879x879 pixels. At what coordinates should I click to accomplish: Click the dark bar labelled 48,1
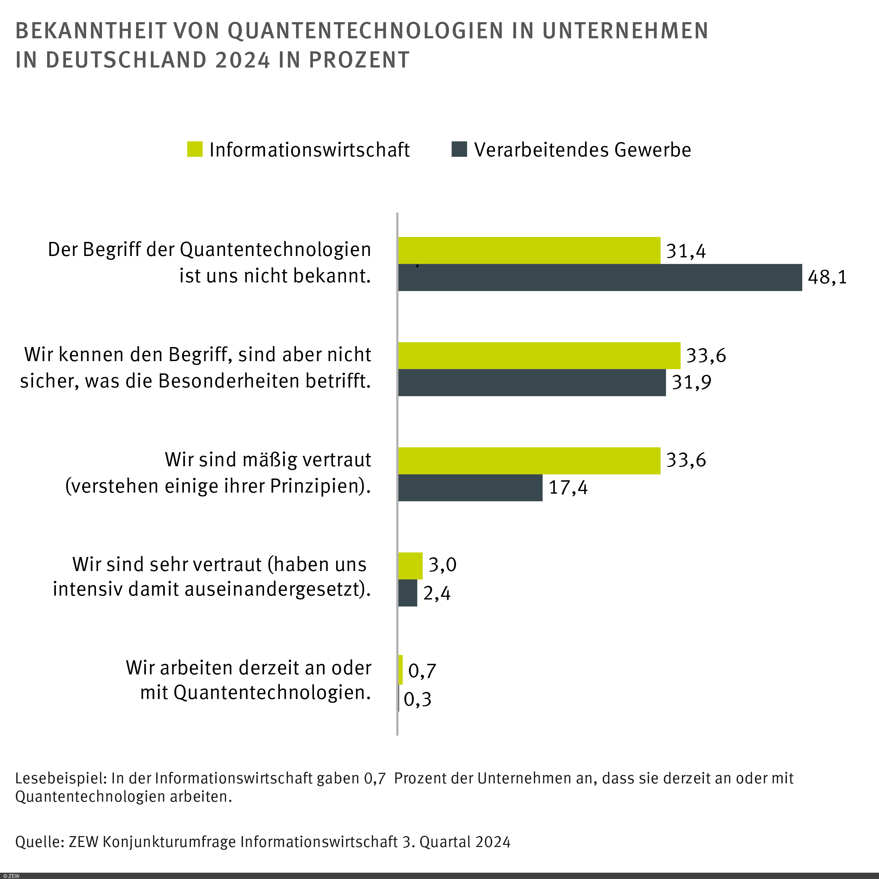(x=599, y=277)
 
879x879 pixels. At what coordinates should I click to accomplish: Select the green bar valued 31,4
(x=529, y=250)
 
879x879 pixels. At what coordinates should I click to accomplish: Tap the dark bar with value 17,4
(x=470, y=488)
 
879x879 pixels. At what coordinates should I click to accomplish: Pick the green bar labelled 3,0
(x=410, y=565)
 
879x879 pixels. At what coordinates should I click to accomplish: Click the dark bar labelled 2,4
(x=407, y=593)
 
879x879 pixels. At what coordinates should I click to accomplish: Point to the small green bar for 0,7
(x=400, y=670)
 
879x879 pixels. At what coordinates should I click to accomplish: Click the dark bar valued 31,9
(x=531, y=383)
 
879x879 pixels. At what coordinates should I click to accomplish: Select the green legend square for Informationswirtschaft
(x=195, y=149)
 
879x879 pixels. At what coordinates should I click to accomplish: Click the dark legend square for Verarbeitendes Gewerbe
(x=459, y=149)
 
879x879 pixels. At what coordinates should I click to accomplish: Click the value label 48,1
(x=827, y=277)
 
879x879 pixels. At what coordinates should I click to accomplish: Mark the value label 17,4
(x=568, y=488)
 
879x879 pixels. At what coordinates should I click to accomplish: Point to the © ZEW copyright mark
(x=11, y=876)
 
